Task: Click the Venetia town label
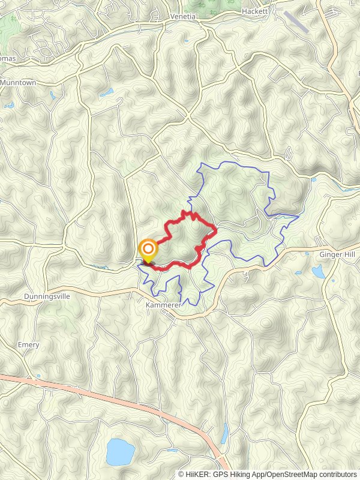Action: (x=183, y=16)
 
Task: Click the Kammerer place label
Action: (x=163, y=304)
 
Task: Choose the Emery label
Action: (x=29, y=345)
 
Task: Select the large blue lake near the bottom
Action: (x=119, y=451)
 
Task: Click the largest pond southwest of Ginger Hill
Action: (x=317, y=272)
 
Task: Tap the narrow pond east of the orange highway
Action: (x=224, y=432)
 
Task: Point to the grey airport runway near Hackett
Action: (x=296, y=22)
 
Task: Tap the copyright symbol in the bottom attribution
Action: (x=182, y=475)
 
